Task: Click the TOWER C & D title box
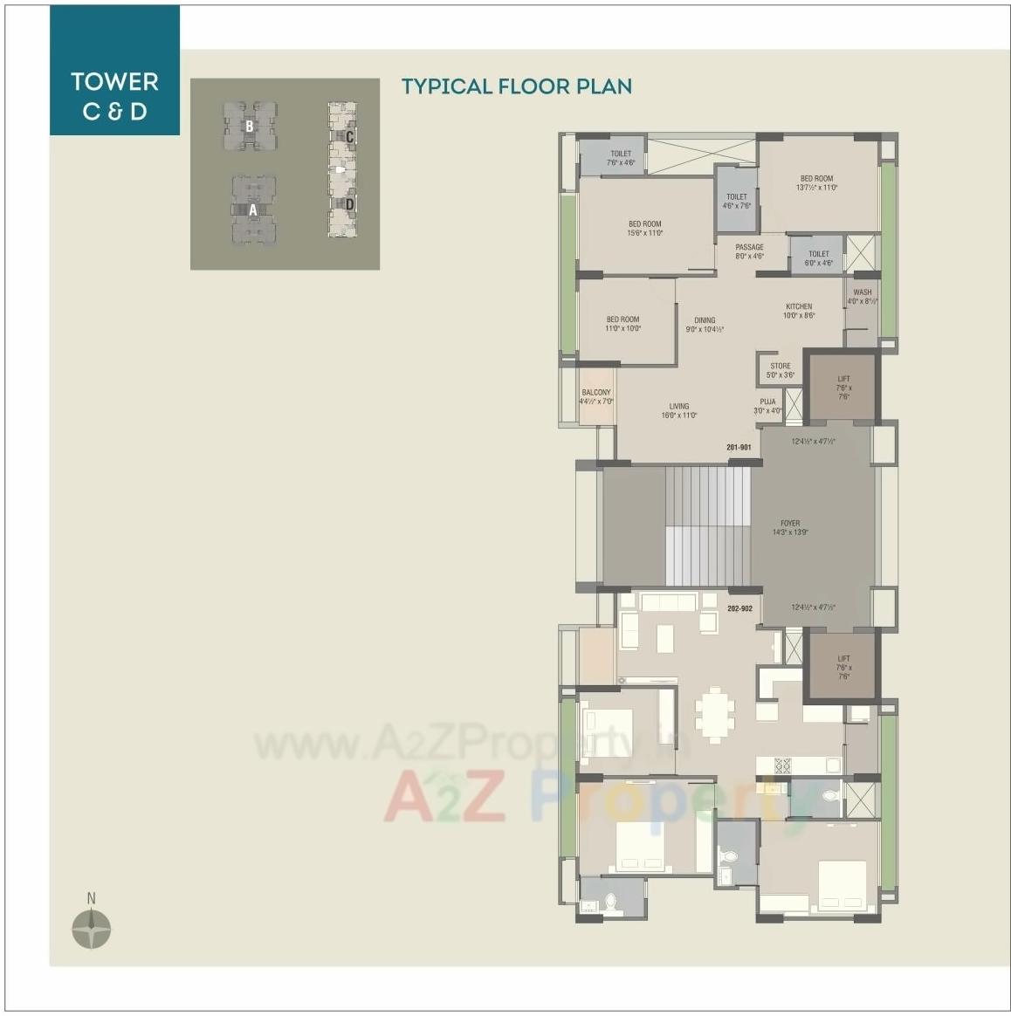(114, 95)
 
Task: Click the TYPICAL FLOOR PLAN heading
(516, 86)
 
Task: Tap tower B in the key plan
(250, 127)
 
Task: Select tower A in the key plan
(253, 209)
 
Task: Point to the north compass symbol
(91, 928)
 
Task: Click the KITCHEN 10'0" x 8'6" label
(799, 311)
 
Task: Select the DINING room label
(705, 325)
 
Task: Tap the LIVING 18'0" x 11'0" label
(679, 410)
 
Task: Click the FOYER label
(790, 527)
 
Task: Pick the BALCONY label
(596, 397)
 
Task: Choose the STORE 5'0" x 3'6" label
(781, 370)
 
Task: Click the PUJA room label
(768, 406)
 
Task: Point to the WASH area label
(863, 297)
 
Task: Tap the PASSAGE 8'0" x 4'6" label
(749, 251)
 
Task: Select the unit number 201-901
(739, 448)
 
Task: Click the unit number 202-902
(739, 608)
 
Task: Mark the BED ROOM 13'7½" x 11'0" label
(816, 182)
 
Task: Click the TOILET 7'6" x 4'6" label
(621, 158)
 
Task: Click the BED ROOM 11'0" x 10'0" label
(623, 324)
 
